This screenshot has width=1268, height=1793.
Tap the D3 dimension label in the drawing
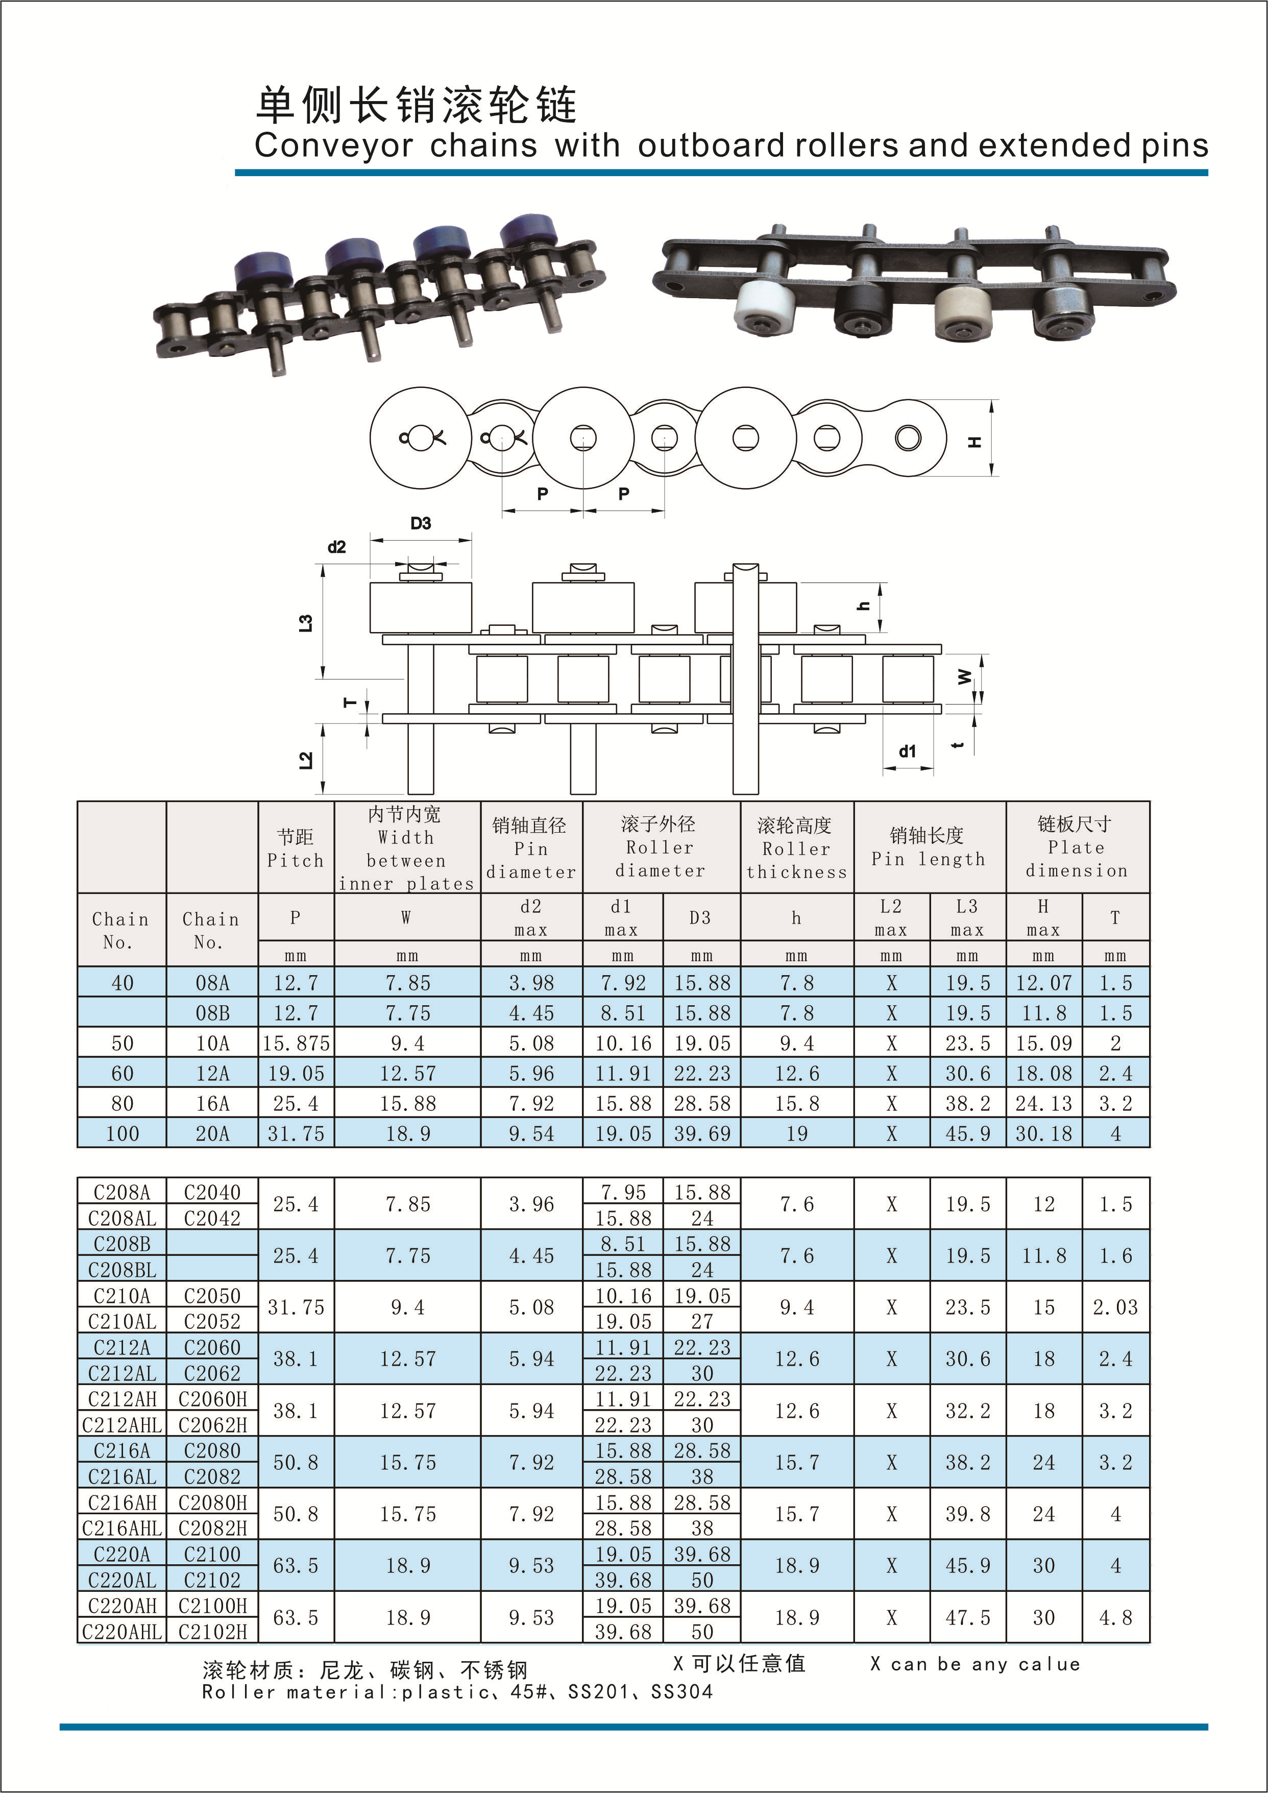coord(421,524)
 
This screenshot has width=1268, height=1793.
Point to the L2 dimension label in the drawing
coord(306,759)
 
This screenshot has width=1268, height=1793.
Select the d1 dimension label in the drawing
coord(907,751)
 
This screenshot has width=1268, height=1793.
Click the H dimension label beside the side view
coord(974,442)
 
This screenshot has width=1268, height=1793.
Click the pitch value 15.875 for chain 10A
coord(296,1044)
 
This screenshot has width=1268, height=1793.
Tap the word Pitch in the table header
coord(295,861)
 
